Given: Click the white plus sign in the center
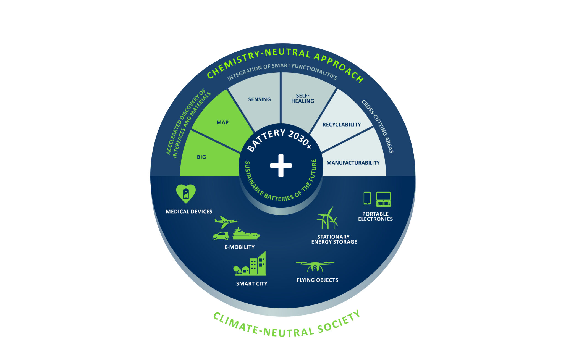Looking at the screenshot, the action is (x=281, y=165).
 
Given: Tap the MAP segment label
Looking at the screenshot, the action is (x=222, y=122).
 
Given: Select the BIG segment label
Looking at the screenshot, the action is (x=201, y=157).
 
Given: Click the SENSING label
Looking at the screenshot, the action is (x=260, y=99).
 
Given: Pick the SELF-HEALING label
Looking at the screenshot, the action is (x=303, y=98).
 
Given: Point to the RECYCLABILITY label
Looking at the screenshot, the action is (x=342, y=125).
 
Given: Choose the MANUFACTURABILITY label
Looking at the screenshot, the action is (x=353, y=163).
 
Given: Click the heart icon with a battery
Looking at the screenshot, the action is (x=186, y=194).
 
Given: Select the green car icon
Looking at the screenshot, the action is (x=221, y=236).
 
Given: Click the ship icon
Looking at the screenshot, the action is (x=246, y=234).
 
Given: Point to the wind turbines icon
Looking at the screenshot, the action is (x=327, y=218).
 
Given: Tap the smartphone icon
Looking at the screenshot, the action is (x=367, y=198).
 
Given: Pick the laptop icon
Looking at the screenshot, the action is (x=384, y=199).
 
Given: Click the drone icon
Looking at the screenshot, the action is (x=315, y=266).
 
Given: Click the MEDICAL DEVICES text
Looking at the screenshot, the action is (x=189, y=212).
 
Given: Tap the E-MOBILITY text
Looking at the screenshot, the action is (x=239, y=247).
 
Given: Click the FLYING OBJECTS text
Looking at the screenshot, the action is (x=317, y=280).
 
